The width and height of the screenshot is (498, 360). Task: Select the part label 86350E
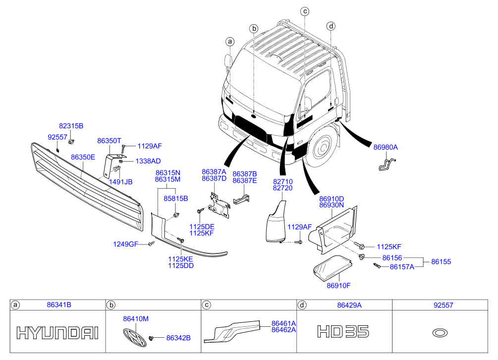pos(83,157)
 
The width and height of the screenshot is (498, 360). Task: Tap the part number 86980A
pos(386,147)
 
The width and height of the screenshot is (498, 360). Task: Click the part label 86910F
pos(338,285)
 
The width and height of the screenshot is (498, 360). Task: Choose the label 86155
pos(441,261)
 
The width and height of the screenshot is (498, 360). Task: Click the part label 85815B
pos(175,199)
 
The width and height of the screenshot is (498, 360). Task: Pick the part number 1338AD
pos(148,161)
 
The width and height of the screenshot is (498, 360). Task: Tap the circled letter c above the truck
pos(305,11)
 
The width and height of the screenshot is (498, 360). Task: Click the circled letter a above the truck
pos(230,42)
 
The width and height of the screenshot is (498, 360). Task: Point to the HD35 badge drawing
pos(343,331)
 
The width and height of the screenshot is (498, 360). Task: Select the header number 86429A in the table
pos(349,305)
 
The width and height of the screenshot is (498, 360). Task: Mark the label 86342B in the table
pos(178,338)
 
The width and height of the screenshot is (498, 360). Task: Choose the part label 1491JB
pos(120,182)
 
